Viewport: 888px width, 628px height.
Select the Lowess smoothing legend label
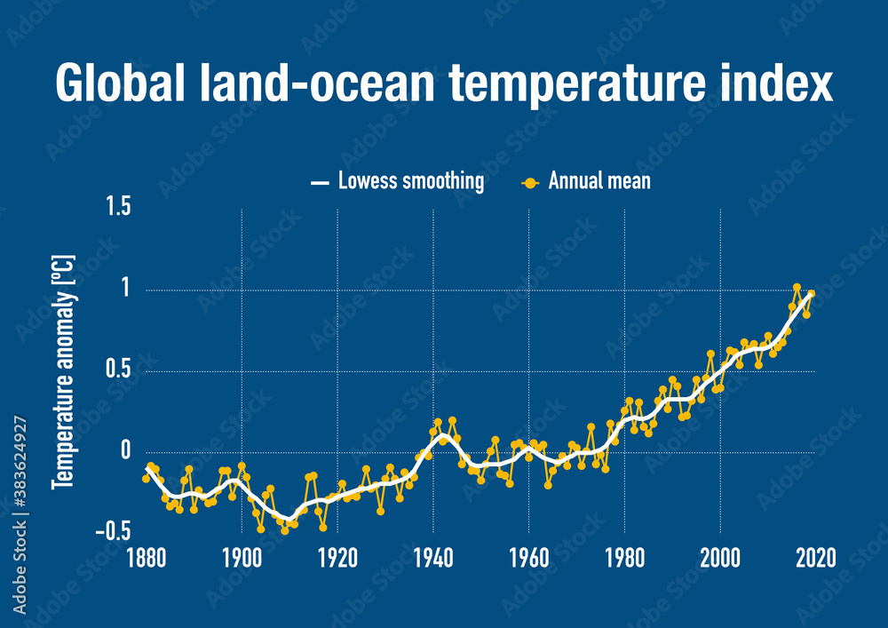410,181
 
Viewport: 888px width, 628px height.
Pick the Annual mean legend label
599,181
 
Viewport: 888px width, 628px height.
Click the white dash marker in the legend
320,184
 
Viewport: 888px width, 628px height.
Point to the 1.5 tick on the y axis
119,207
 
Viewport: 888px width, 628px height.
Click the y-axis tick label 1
125,290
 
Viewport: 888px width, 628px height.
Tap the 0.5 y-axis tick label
119,370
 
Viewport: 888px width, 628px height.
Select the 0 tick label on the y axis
125,451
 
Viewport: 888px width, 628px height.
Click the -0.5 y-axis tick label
114,531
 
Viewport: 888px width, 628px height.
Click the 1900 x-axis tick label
242,559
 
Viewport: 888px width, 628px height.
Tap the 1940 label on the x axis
432,559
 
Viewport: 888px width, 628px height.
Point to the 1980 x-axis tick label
624,559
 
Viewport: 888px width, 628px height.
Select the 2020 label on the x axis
815,559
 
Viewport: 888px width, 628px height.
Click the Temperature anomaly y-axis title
63,371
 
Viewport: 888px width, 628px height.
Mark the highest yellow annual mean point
797,288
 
